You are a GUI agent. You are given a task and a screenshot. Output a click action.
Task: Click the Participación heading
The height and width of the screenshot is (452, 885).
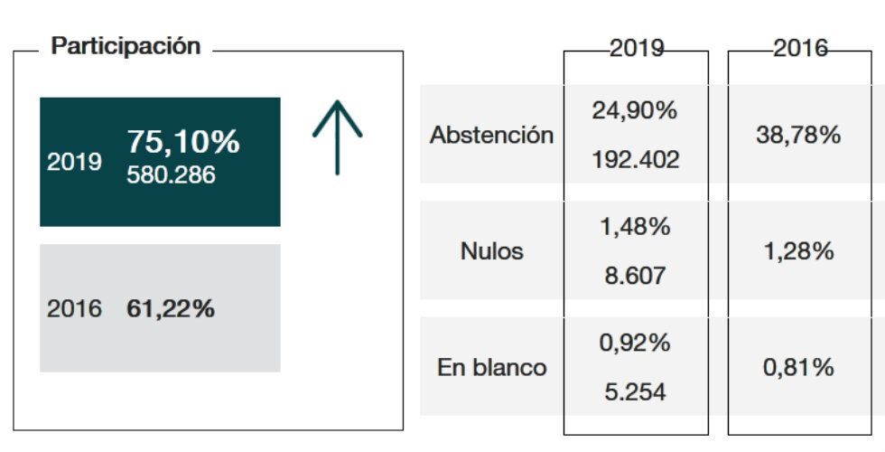pyautogui.click(x=126, y=47)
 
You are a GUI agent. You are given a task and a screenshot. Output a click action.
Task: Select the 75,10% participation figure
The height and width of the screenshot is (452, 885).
pyautogui.click(x=182, y=142)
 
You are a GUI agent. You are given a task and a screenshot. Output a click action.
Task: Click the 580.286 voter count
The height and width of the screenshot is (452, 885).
pyautogui.click(x=172, y=174)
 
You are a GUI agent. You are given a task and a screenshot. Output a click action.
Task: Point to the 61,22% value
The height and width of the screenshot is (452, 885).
pyautogui.click(x=171, y=309)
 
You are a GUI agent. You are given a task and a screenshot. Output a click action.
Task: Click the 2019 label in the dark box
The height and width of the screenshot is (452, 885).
pyautogui.click(x=74, y=162)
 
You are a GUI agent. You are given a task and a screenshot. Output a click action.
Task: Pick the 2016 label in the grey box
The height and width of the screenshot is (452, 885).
pyautogui.click(x=74, y=309)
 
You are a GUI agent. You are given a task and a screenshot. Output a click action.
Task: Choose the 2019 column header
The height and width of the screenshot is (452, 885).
pyautogui.click(x=637, y=49)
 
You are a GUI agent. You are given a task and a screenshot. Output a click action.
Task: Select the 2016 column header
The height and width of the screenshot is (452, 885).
pyautogui.click(x=800, y=49)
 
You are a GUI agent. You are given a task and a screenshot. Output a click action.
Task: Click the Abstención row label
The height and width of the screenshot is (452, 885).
pyautogui.click(x=491, y=136)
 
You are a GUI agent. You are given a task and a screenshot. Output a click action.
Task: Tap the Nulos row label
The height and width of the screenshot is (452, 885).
pyautogui.click(x=491, y=251)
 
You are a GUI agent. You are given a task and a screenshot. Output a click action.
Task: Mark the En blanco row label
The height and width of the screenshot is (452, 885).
pyautogui.click(x=491, y=368)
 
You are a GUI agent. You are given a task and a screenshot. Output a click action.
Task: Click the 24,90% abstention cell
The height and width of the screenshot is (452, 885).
pyautogui.click(x=635, y=111)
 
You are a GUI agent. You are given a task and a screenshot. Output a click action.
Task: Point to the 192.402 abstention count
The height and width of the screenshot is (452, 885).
pyautogui.click(x=635, y=160)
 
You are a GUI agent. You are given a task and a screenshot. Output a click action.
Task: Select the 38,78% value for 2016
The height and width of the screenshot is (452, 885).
pyautogui.click(x=798, y=136)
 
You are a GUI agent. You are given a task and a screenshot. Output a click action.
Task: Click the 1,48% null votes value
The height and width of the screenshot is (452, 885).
pyautogui.click(x=635, y=227)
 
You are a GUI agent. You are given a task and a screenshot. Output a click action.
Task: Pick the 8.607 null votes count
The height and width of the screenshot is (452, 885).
pyautogui.click(x=635, y=276)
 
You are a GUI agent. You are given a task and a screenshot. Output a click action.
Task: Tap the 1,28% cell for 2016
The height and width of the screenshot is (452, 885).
pyautogui.click(x=798, y=251)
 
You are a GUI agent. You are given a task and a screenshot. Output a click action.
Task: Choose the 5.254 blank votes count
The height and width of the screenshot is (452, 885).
pyautogui.click(x=635, y=392)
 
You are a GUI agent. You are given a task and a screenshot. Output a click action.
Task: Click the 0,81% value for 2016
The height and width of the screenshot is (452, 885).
pyautogui.click(x=798, y=368)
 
